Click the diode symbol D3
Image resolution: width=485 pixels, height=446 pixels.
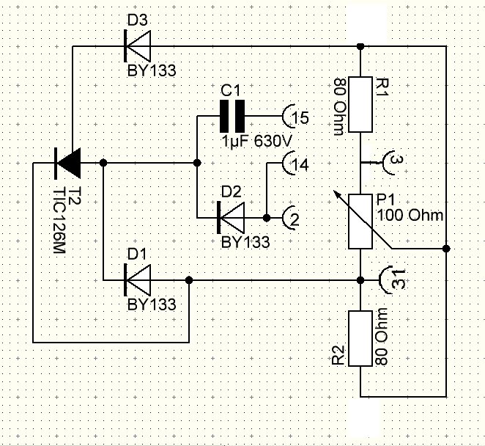click(138, 47)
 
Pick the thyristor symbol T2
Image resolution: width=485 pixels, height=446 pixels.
click(69, 163)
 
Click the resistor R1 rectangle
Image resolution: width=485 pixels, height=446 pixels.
click(360, 104)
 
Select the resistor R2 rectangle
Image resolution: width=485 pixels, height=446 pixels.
click(360, 339)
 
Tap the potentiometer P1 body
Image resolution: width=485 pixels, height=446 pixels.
click(360, 222)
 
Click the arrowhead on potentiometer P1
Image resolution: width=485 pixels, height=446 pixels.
click(334, 194)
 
